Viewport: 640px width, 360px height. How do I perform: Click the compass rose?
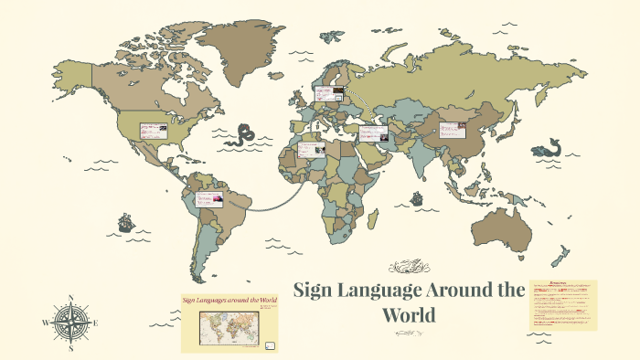tap(70, 322)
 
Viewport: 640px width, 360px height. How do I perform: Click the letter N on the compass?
tap(71, 299)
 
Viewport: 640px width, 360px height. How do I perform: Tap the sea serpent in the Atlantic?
tap(240, 136)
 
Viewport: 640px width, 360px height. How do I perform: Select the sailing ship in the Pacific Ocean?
tap(125, 222)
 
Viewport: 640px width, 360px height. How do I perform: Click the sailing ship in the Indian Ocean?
tap(416, 196)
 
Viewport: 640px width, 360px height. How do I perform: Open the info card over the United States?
tap(155, 131)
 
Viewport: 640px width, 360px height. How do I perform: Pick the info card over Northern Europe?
tap(328, 93)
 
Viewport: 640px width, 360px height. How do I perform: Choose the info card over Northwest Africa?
tap(308, 147)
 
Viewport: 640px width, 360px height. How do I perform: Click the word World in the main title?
tap(411, 316)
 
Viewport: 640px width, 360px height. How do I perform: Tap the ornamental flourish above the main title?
tap(410, 268)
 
